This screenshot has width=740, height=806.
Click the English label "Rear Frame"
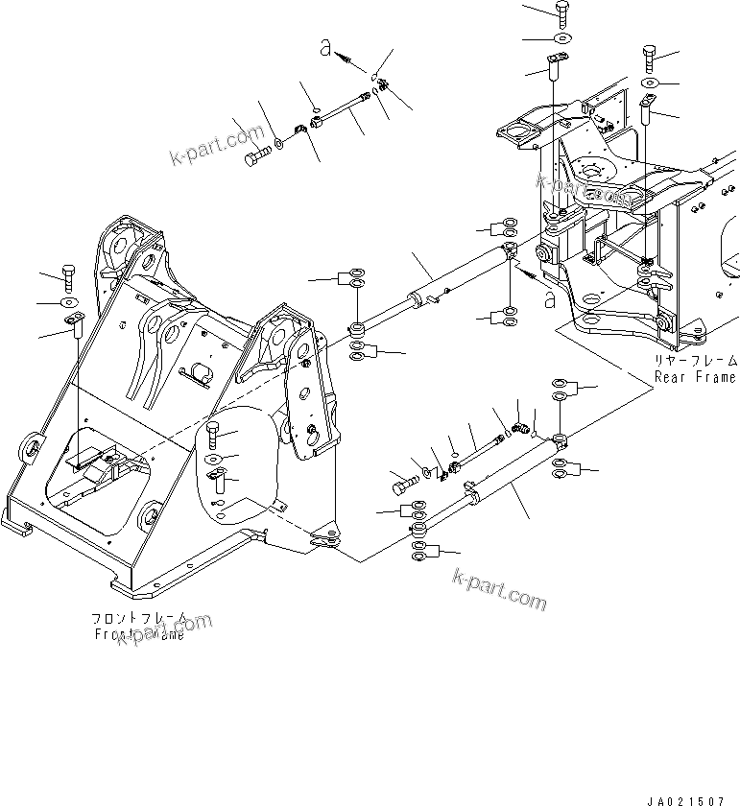696,377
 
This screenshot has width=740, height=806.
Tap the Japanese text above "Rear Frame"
696,361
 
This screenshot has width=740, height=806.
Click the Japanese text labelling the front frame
139,619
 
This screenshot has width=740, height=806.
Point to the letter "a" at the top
326,50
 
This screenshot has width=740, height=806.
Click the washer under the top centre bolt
561,38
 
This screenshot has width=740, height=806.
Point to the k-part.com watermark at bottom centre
498,591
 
